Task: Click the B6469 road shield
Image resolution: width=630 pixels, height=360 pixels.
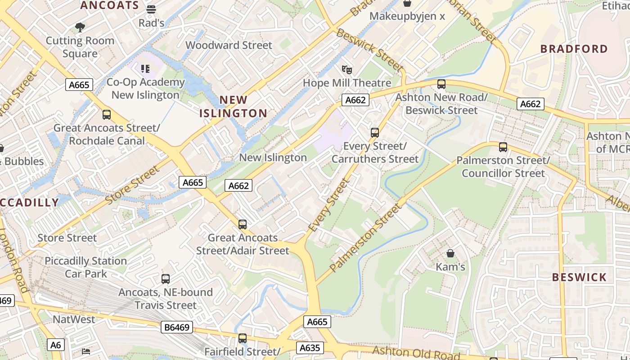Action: pos(177,327)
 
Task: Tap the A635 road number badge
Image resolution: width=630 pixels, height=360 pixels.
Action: pos(309,348)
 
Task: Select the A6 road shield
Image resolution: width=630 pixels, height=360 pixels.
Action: pos(55,345)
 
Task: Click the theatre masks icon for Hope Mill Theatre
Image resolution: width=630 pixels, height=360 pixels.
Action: pos(346,70)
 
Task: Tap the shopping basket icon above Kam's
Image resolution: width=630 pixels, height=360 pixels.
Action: pos(450,253)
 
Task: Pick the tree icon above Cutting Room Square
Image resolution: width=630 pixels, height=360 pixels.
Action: pos(80,27)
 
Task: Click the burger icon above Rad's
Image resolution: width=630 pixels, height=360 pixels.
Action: pos(151,9)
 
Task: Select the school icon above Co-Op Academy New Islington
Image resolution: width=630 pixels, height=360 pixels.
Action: pos(145,69)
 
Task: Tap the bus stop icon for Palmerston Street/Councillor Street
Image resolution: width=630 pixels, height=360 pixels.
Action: pos(503,147)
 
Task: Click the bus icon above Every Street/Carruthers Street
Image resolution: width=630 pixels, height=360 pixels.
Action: pos(375,133)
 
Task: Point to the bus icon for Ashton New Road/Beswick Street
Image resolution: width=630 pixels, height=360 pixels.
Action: pos(441,84)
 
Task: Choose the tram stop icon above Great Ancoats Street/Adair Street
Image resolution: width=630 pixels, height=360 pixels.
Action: pos(243,224)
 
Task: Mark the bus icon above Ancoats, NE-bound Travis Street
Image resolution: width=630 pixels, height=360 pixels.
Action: pos(166,279)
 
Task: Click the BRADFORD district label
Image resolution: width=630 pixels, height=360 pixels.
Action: pos(574,49)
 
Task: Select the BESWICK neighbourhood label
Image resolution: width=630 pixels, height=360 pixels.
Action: pos(579,277)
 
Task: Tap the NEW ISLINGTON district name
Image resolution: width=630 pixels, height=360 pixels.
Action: pos(234,107)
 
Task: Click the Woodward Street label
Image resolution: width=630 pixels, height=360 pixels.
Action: pos(229,45)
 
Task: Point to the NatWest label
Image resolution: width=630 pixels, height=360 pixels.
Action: pos(74,319)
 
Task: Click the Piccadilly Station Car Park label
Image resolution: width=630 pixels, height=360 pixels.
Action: pos(85,267)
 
